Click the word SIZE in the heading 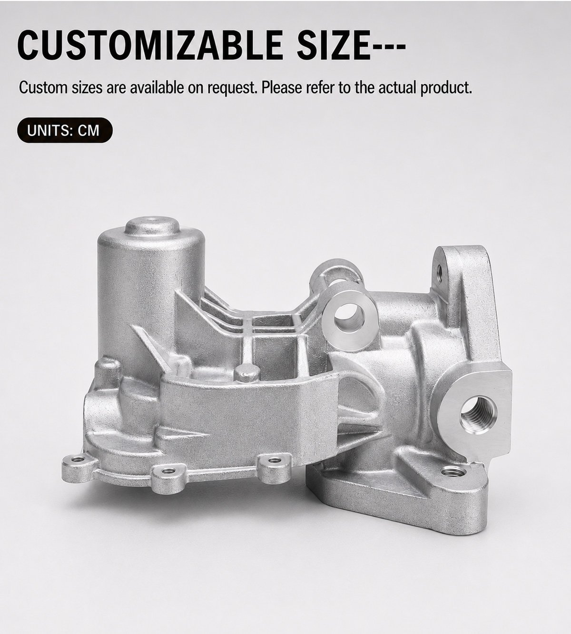pyautogui.click(x=334, y=45)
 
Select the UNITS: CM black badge pyautogui.click(x=65, y=130)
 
